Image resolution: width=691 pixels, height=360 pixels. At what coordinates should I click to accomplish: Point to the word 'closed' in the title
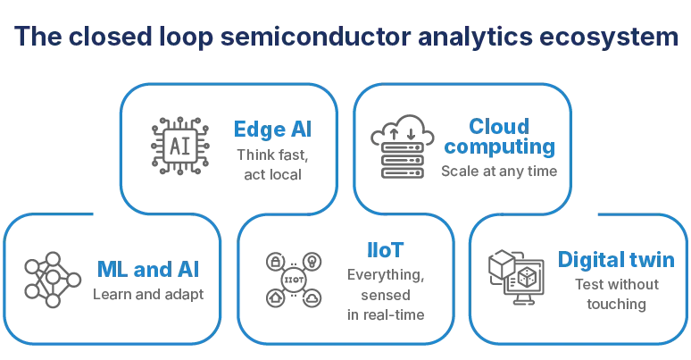(106, 39)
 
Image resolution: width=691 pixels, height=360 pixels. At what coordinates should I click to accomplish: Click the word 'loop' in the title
(187, 39)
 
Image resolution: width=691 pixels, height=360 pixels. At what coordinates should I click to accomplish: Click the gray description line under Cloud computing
(494, 167)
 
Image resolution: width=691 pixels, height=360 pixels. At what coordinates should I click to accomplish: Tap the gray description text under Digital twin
(616, 295)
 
